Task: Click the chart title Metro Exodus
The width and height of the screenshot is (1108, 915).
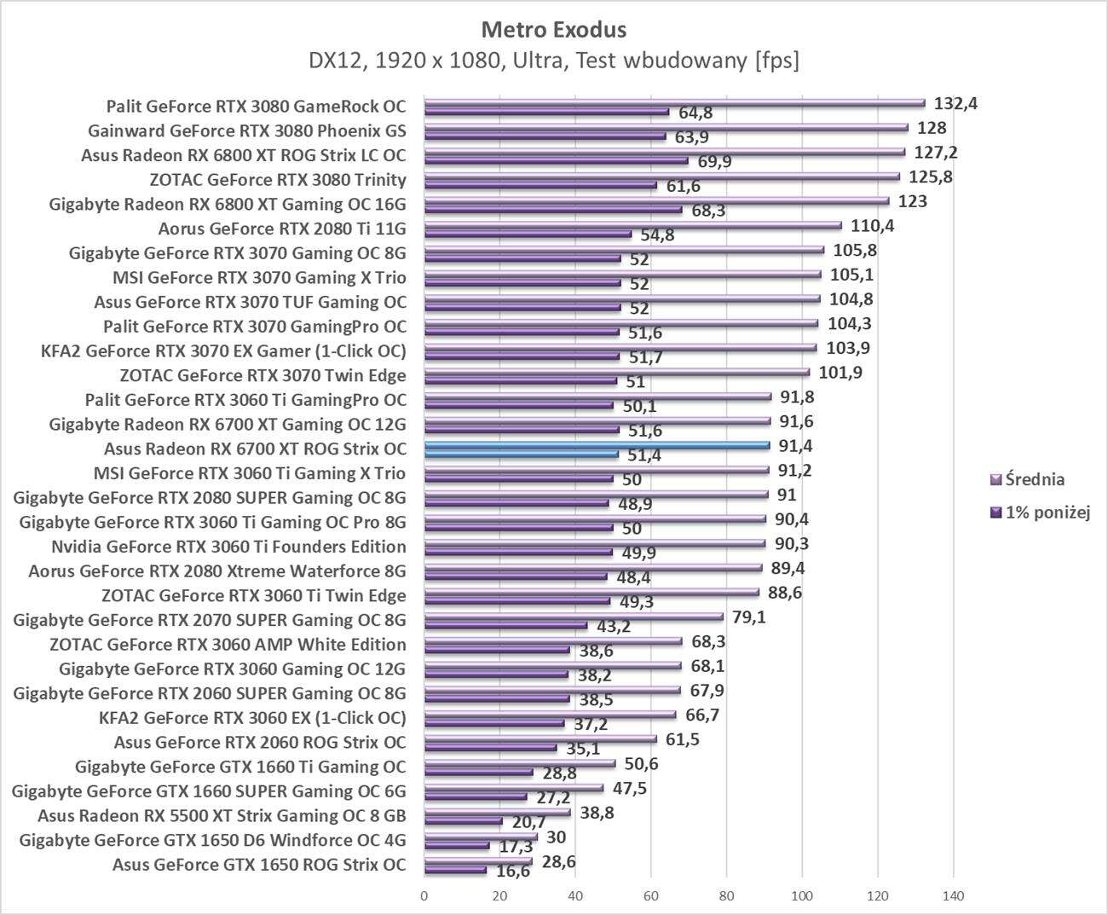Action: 553,30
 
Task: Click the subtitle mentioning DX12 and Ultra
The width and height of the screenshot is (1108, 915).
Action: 553,61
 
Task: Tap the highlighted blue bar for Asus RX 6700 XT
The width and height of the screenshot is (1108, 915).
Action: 597,445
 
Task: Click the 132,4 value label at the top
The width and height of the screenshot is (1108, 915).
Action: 956,104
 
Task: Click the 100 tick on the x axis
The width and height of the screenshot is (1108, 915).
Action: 802,896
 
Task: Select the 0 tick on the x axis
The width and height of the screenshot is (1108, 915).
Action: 424,896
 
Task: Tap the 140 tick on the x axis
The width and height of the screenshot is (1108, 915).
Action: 953,896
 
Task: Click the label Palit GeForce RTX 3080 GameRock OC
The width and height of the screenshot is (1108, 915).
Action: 256,107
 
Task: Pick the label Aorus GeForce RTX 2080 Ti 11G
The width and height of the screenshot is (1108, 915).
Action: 282,229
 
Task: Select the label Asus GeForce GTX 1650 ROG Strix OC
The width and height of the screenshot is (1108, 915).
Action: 259,865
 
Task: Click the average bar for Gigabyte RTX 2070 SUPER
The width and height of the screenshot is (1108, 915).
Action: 573,617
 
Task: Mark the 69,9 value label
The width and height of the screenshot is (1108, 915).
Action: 711,161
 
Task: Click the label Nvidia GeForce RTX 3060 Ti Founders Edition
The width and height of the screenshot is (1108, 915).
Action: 228,547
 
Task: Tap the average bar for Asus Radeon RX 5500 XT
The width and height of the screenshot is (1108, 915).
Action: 497,813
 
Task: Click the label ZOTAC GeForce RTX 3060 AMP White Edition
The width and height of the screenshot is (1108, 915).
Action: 228,645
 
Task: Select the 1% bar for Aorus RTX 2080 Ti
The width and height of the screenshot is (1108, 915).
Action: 528,234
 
